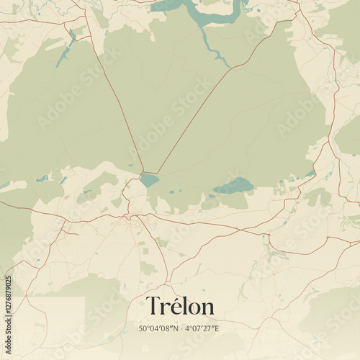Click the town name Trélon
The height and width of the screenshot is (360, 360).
[180, 306]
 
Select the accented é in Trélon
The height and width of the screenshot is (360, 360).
[174, 307]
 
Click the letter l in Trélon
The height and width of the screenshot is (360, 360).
[184, 305]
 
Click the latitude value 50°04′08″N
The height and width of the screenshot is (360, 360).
[158, 329]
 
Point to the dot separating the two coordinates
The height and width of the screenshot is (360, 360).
[181, 329]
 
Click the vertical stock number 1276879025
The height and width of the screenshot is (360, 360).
[8, 310]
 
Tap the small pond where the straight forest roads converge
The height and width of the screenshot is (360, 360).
[149, 179]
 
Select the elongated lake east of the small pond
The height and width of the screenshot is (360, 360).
[233, 186]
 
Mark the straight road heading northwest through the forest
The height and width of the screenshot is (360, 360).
[115, 101]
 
